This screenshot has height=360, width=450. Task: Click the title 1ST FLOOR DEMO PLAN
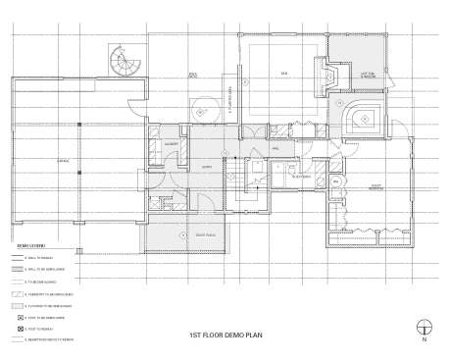click(x=225, y=334)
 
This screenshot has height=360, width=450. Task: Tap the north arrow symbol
click(x=424, y=327)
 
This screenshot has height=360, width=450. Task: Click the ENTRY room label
click(x=207, y=167)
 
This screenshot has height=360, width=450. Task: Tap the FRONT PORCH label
click(x=205, y=235)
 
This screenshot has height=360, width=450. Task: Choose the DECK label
click(x=285, y=74)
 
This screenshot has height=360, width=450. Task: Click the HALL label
click(x=276, y=148)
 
